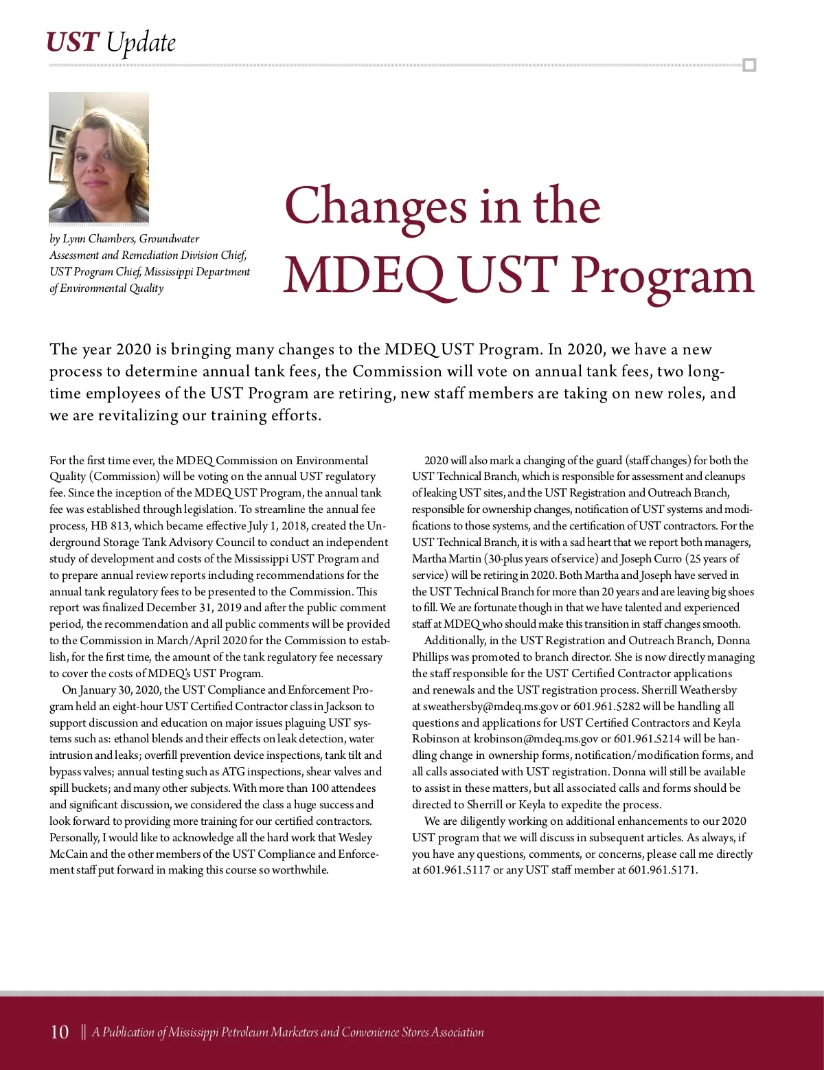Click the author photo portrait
point(99,157)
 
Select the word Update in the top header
point(141,43)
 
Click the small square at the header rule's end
point(749,65)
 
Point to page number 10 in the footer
point(60,1032)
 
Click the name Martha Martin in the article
point(447,559)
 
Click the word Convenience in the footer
point(369,1032)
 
